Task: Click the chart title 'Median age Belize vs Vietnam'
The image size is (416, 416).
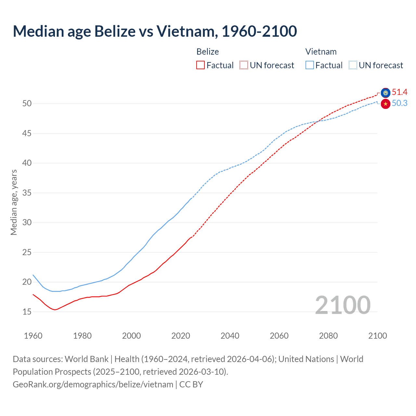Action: (155, 31)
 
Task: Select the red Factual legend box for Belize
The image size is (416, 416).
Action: (201, 65)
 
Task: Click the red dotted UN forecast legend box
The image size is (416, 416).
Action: (244, 65)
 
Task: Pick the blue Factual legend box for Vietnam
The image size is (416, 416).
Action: (310, 65)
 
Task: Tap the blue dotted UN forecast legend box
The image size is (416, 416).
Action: (353, 65)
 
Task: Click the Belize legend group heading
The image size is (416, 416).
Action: (208, 52)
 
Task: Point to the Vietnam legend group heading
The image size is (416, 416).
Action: (321, 52)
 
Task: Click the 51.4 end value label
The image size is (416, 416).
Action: (399, 92)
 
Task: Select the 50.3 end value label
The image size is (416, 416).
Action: (399, 103)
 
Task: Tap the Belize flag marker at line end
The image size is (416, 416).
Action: (385, 93)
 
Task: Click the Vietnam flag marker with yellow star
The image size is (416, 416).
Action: (385, 104)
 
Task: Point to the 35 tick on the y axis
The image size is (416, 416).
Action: (27, 193)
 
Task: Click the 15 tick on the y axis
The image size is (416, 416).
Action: (27, 312)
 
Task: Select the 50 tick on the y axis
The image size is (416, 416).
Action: (27, 104)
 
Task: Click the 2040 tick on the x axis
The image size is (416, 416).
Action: (230, 336)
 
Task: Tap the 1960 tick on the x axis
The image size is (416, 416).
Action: (33, 336)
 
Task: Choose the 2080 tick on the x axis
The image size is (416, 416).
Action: (328, 336)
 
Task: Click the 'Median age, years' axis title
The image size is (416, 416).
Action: (14, 202)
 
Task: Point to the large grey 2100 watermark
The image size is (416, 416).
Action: (343, 305)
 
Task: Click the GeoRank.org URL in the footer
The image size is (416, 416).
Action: (93, 384)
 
